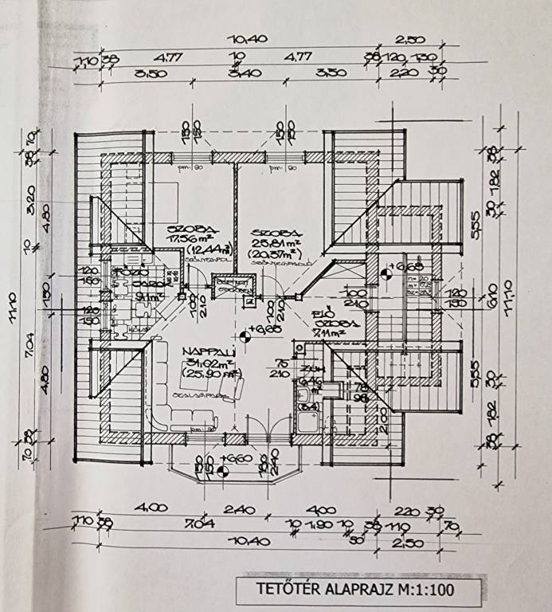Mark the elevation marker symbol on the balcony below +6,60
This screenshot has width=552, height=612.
[223, 472]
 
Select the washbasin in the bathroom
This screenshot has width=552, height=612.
[304, 393]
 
